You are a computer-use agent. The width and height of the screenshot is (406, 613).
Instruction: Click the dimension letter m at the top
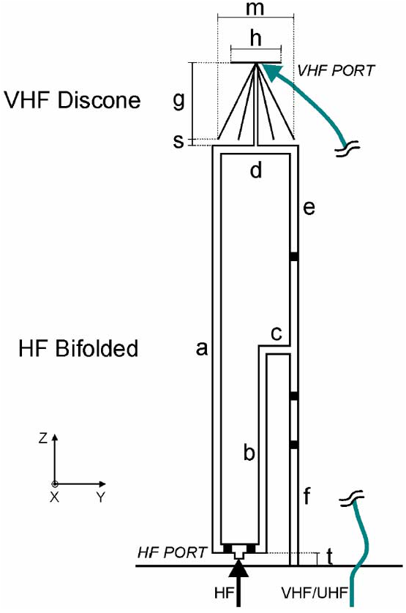[255, 9]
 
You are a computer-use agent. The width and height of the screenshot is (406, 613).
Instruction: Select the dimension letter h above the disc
[255, 38]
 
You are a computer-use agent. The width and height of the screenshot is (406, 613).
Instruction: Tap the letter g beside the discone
[178, 101]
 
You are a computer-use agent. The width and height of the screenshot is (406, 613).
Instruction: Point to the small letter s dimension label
[178, 140]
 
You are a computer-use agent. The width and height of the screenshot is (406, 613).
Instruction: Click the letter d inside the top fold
[256, 170]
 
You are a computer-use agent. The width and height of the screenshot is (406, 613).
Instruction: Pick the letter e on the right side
[309, 207]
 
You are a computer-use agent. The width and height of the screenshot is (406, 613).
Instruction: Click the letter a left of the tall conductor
[201, 349]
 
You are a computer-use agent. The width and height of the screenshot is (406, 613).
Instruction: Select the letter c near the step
[277, 334]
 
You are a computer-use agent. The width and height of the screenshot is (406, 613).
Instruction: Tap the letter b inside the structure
[249, 452]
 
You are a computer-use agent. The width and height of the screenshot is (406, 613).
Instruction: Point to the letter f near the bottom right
[307, 495]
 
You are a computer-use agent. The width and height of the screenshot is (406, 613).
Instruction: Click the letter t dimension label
[330, 557]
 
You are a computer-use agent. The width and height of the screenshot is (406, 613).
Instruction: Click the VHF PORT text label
[336, 71]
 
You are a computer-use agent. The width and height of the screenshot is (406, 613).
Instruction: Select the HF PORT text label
[172, 552]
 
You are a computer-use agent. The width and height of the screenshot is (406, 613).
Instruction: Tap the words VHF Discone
[72, 100]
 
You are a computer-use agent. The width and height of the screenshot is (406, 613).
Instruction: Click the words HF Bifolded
[78, 348]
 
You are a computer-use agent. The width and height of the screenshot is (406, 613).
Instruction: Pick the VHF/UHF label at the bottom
[315, 593]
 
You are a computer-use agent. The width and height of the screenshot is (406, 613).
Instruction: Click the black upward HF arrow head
[238, 568]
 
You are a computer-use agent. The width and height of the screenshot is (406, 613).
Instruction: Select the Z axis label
[43, 438]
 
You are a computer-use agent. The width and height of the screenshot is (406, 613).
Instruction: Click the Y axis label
[101, 497]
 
